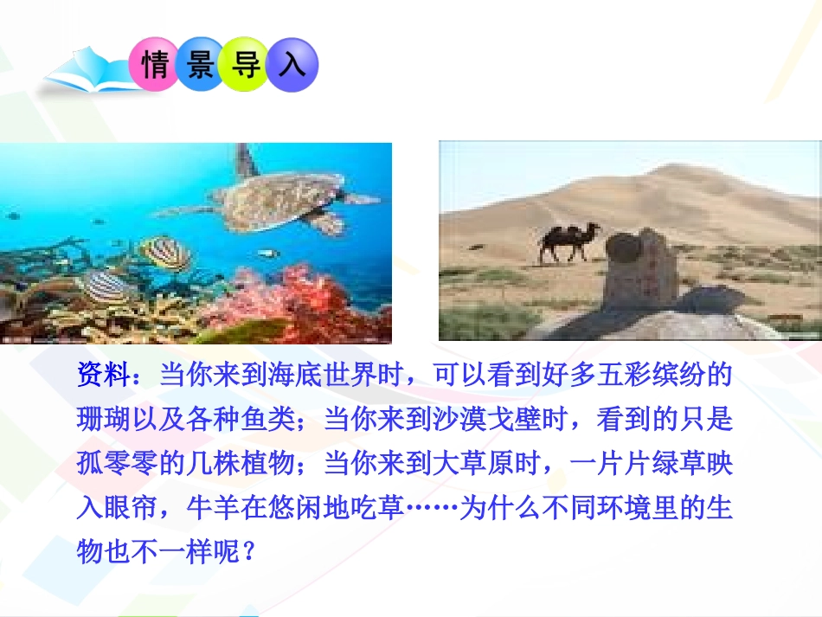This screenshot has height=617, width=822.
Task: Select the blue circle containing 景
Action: [x=200, y=65]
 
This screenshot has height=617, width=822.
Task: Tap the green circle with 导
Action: [x=247, y=65]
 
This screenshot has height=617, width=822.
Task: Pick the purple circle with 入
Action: [x=292, y=65]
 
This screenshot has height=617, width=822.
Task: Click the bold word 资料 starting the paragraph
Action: [x=102, y=376]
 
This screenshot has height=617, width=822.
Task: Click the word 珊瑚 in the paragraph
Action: [x=102, y=420]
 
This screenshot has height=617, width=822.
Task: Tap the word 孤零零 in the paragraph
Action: [x=116, y=464]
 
